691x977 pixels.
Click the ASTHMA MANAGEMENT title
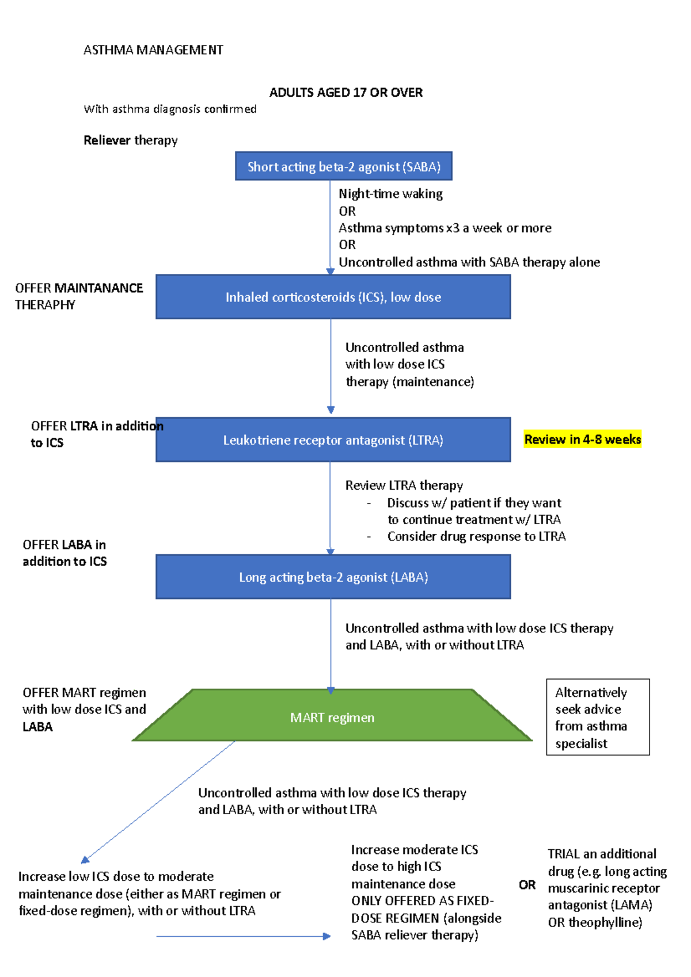(x=153, y=50)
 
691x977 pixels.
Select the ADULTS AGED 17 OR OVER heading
(x=345, y=93)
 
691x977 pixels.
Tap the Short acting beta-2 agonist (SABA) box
(x=344, y=167)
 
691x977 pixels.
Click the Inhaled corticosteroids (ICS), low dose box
(x=333, y=297)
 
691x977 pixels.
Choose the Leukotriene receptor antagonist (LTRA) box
(x=333, y=440)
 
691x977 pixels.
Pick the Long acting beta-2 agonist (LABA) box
(x=333, y=577)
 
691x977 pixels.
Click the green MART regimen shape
(x=332, y=718)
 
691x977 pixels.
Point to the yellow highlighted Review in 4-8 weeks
(x=582, y=440)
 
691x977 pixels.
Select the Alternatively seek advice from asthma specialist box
(x=597, y=718)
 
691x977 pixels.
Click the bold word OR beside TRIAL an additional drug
(x=527, y=885)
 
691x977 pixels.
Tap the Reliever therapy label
(x=131, y=140)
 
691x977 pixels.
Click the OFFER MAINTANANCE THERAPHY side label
(x=79, y=296)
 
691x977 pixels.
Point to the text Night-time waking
(x=390, y=194)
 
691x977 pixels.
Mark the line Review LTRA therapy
(x=404, y=486)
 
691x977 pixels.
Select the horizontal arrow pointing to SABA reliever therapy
(x=242, y=937)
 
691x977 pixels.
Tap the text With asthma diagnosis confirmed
(x=170, y=109)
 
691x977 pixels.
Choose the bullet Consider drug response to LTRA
(x=476, y=537)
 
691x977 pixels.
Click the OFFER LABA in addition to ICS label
(x=64, y=553)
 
